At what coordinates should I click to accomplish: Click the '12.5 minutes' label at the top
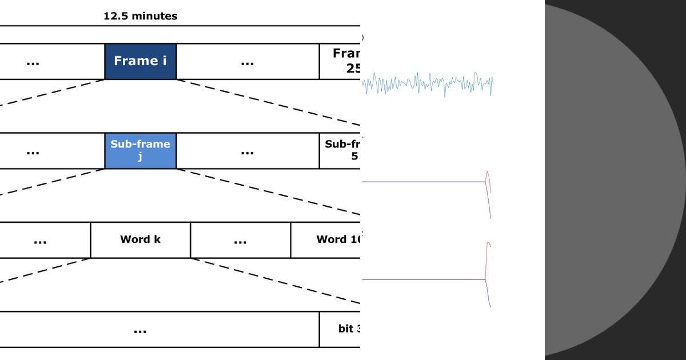click(140, 16)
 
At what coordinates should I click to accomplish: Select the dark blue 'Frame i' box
click(140, 61)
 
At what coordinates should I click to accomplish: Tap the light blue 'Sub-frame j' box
click(140, 150)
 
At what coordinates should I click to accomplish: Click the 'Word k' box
click(140, 239)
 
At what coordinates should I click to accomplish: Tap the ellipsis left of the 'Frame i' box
click(33, 62)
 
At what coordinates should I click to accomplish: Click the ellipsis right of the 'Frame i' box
click(247, 62)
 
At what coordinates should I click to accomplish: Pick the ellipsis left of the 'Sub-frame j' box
click(33, 151)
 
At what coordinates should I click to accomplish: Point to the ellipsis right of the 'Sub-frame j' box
click(247, 151)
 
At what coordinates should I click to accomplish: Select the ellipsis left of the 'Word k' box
click(40, 241)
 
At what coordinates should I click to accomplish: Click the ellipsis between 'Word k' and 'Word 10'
click(240, 241)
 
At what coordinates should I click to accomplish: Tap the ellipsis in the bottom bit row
click(140, 330)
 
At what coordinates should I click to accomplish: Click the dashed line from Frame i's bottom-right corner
click(269, 102)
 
